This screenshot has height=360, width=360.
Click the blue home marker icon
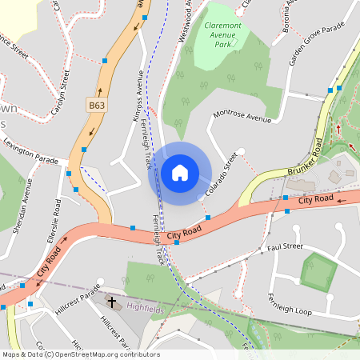[180, 173]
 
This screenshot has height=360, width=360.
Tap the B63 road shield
[97, 105]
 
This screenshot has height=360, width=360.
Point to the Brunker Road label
[306, 158]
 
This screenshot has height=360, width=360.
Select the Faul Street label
[285, 247]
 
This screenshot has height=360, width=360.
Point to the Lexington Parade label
[31, 152]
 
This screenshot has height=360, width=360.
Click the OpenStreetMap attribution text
[80, 354]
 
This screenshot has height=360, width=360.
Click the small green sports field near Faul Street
[318, 272]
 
